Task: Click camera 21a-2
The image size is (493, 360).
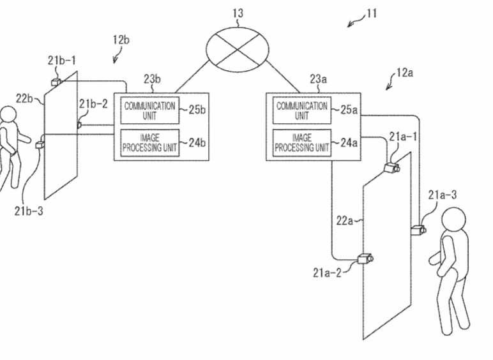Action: point(365,259)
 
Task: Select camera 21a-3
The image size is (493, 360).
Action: point(419,229)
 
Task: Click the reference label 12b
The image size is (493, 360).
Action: point(121,40)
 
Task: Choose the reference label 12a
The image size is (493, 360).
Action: point(404,73)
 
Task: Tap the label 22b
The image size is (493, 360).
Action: point(24,97)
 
